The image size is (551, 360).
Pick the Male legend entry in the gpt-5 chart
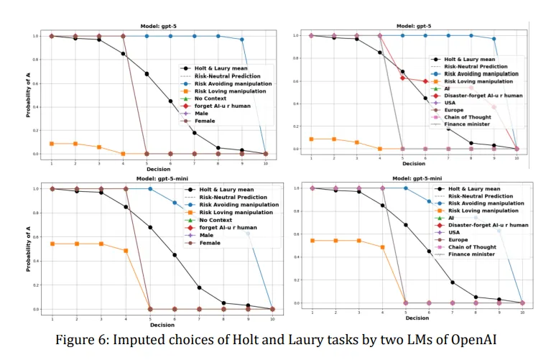[208, 113]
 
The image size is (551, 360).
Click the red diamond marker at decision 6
[426, 81]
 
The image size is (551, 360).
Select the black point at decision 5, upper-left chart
[147, 74]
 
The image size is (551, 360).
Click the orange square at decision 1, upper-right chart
[311, 139]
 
